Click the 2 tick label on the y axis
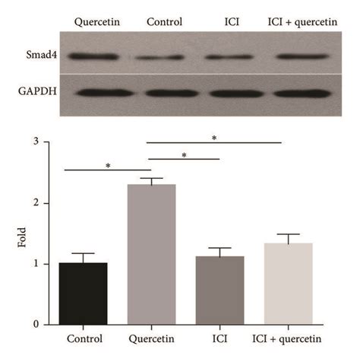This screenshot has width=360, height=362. (36, 203)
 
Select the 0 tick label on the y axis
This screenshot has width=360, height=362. (36, 325)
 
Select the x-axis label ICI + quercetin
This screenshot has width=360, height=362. (289, 338)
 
